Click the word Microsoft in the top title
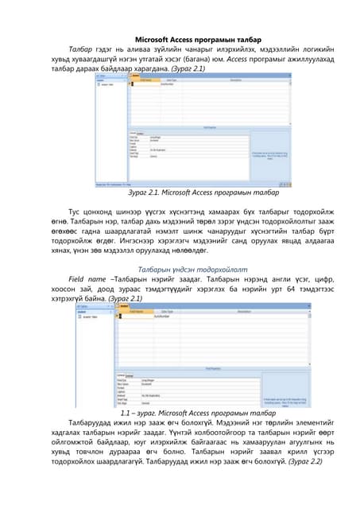pyautogui.click(x=156, y=38)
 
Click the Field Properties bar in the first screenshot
pyautogui.click(x=209, y=126)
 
